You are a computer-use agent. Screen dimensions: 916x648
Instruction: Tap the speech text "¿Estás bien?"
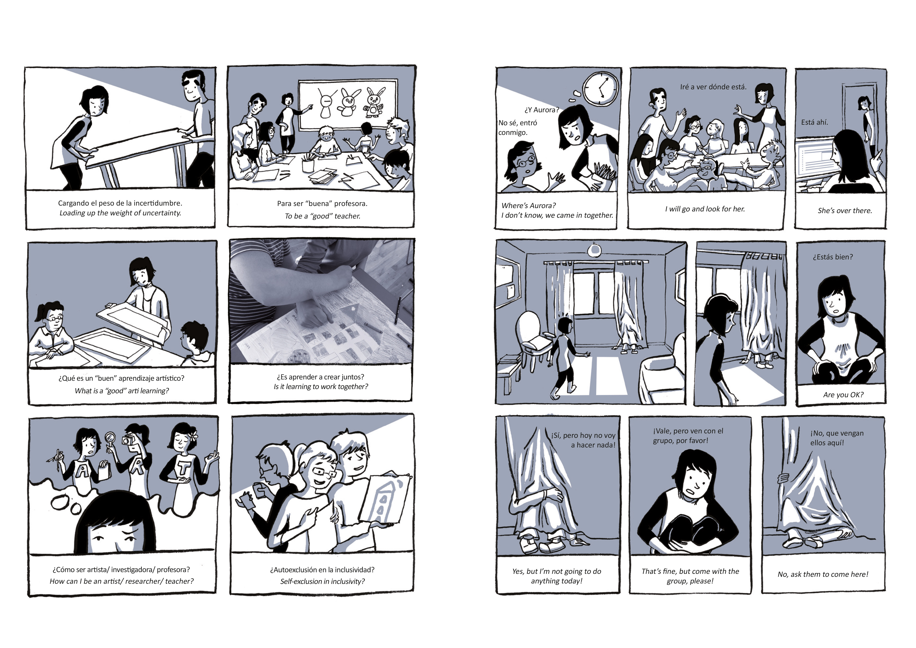[833, 257]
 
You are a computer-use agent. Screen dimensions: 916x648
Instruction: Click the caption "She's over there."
[845, 211]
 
